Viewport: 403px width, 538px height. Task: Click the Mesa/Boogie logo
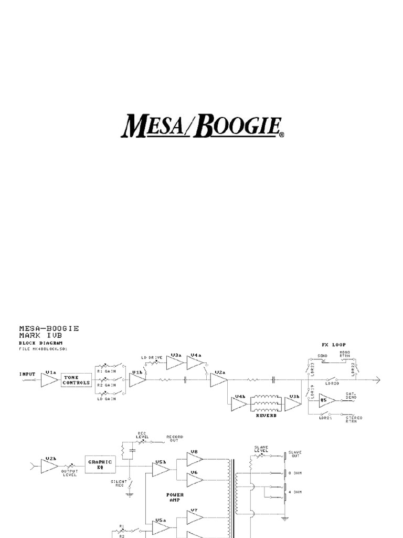[x=202, y=126]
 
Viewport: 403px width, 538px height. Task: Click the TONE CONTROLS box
[x=76, y=380]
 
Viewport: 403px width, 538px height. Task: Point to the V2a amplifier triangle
[x=218, y=380]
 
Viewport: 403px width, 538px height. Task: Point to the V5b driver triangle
[x=161, y=469]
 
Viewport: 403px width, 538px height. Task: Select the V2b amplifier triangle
[x=49, y=465]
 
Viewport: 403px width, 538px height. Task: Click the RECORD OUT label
[x=174, y=439]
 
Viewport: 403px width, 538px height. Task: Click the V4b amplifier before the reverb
[x=239, y=404]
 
